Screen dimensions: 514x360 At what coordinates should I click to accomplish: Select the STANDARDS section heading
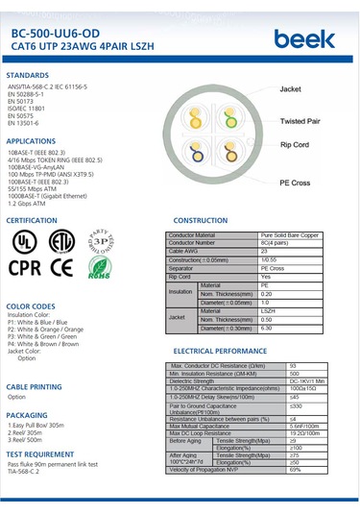tap(28, 74)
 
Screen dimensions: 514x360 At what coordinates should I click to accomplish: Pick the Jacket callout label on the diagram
tap(291, 88)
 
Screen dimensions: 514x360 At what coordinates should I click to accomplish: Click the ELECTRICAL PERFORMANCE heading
tap(220, 352)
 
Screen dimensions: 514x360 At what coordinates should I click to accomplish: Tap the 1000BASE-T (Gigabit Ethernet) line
tap(52, 196)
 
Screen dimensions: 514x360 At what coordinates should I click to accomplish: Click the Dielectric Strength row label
tap(193, 381)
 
